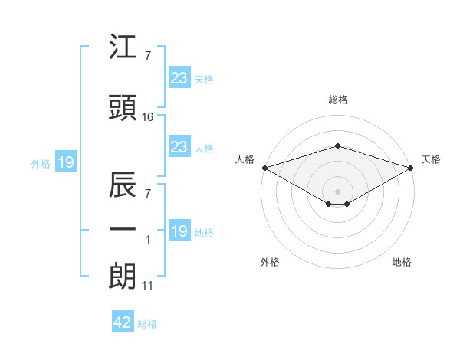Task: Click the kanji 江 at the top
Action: point(123,46)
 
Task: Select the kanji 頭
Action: point(123,107)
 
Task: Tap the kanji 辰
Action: point(123,185)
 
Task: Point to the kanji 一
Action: point(123,229)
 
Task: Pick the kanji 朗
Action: point(123,277)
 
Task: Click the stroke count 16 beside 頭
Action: point(147,117)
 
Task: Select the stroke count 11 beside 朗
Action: point(147,286)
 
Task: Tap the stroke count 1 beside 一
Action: point(148,240)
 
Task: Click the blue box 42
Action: point(123,321)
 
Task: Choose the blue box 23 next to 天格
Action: point(179,77)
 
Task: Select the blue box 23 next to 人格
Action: point(179,146)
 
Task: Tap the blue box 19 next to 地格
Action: point(179,230)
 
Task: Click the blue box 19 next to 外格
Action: point(66,162)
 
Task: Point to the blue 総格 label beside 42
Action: point(147,324)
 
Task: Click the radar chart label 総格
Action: point(338,100)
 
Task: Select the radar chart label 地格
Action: point(402,262)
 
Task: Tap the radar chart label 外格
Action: point(270,262)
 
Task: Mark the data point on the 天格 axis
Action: point(411,168)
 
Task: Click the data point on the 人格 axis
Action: point(265,168)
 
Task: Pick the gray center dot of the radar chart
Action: point(337,191)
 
